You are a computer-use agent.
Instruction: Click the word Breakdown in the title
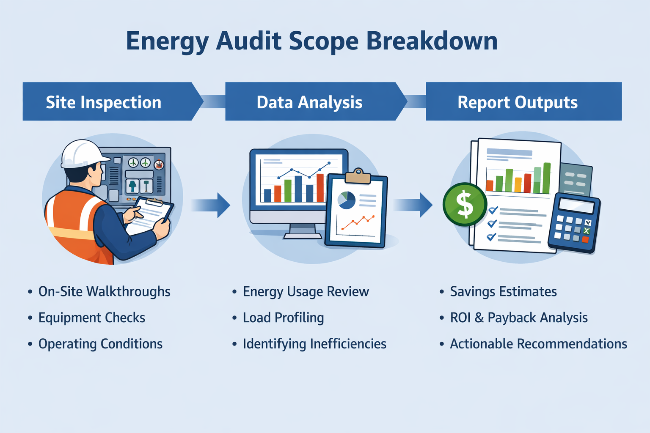pos(431,41)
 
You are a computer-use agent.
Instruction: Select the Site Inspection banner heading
pos(104,102)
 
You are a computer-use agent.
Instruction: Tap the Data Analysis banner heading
pos(309,102)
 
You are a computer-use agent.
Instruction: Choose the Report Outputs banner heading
pos(517,102)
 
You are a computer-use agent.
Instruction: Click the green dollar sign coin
pos(465,204)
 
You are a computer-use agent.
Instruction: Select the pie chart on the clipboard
pos(347,200)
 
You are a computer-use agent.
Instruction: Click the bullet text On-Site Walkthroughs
pos(104,292)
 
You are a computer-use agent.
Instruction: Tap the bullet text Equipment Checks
pos(91,318)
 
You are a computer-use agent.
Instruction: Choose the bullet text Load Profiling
pos(283,318)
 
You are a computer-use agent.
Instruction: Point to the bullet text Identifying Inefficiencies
pos(314,344)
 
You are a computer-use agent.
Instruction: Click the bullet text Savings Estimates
pos(503,292)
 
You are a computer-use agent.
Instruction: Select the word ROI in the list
pos(460,318)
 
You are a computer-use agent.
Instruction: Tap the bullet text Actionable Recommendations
pos(538,344)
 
